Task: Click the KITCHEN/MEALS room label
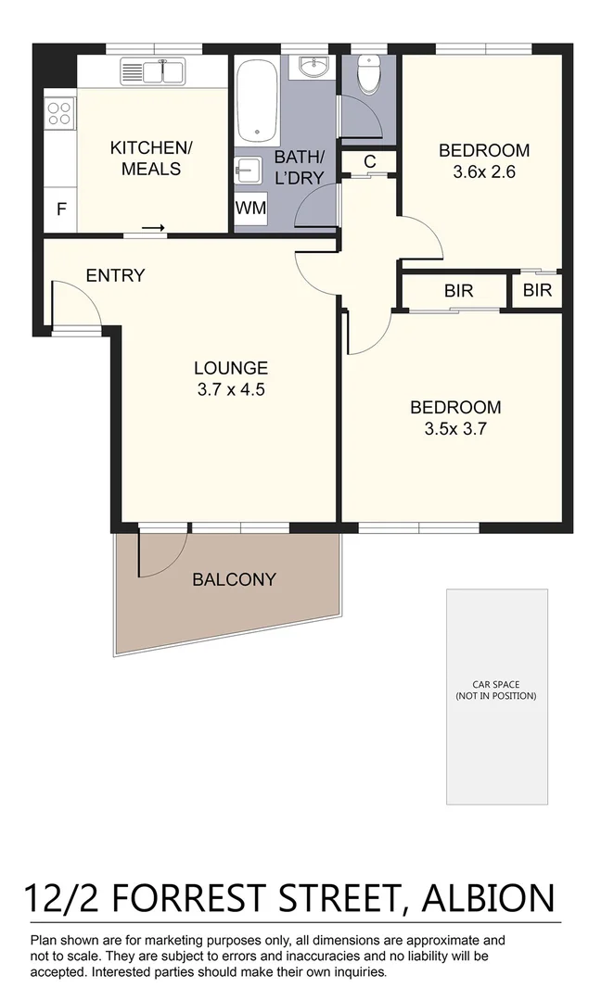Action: [x=145, y=158]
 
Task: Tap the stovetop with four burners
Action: [x=59, y=113]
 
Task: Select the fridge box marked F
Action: [x=61, y=209]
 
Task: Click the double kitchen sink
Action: [x=154, y=70]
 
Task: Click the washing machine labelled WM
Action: [x=250, y=209]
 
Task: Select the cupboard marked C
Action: [x=369, y=161]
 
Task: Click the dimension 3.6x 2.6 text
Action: [x=483, y=171]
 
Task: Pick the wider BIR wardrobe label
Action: [x=458, y=291]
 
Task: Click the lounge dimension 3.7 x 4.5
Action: [x=231, y=390]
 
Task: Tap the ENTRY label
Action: [x=115, y=275]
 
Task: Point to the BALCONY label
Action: [x=234, y=580]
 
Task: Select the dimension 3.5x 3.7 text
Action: [x=455, y=429]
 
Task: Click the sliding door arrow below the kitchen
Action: [x=154, y=228]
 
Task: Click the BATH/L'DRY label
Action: [x=299, y=166]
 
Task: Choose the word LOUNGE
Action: [x=231, y=368]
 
